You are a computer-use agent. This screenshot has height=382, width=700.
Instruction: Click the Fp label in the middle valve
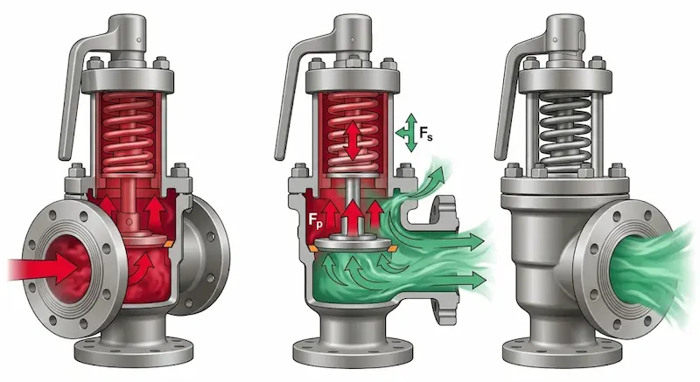[315, 220]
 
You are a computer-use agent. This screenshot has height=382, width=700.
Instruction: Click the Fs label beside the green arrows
[426, 133]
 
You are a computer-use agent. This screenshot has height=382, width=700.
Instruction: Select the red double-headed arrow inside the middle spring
[353, 140]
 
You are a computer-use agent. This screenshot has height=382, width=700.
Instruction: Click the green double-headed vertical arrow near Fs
[411, 132]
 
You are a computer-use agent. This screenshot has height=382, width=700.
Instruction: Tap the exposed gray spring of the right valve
[565, 133]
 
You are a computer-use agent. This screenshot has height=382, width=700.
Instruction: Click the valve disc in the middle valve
[353, 244]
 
